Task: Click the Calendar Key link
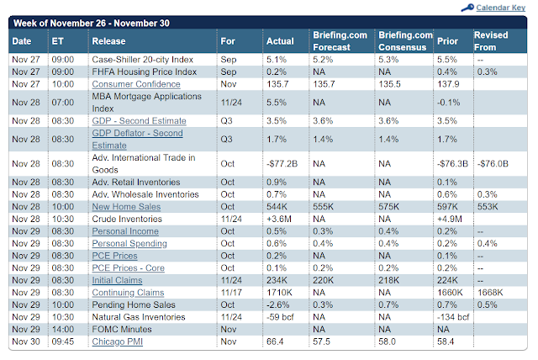501,8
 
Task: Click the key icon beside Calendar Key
467,8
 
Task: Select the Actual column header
280,40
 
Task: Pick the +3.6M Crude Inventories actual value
281,219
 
